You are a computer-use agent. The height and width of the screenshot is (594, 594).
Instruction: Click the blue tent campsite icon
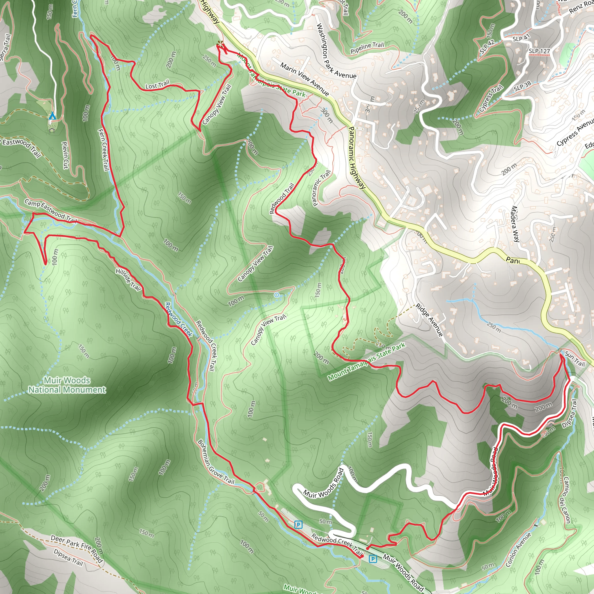click(x=52, y=116)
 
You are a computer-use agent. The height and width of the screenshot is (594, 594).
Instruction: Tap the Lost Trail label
click(x=157, y=85)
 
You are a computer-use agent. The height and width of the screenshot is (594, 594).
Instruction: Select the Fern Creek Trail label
click(x=104, y=149)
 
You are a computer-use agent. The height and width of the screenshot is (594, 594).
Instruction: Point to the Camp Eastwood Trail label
click(x=50, y=211)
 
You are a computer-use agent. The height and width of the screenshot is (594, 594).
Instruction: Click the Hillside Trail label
click(x=128, y=279)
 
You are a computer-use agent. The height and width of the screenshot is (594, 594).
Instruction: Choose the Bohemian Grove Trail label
click(x=216, y=462)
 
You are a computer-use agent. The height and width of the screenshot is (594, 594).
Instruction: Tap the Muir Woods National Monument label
click(x=67, y=385)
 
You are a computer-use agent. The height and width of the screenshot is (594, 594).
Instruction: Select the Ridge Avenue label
click(x=430, y=320)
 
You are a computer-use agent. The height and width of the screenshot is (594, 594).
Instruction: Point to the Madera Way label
click(x=515, y=224)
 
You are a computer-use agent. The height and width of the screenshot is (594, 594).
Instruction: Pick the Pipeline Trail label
click(x=367, y=48)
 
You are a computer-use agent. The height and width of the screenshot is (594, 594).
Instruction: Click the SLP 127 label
click(x=539, y=51)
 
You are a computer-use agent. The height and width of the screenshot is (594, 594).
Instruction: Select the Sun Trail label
click(x=574, y=359)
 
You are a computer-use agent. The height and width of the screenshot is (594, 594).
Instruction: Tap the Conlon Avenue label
click(x=518, y=549)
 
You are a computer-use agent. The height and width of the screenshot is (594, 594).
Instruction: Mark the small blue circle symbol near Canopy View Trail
click(x=276, y=295)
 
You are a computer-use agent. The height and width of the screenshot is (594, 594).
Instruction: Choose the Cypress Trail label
click(x=491, y=98)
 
